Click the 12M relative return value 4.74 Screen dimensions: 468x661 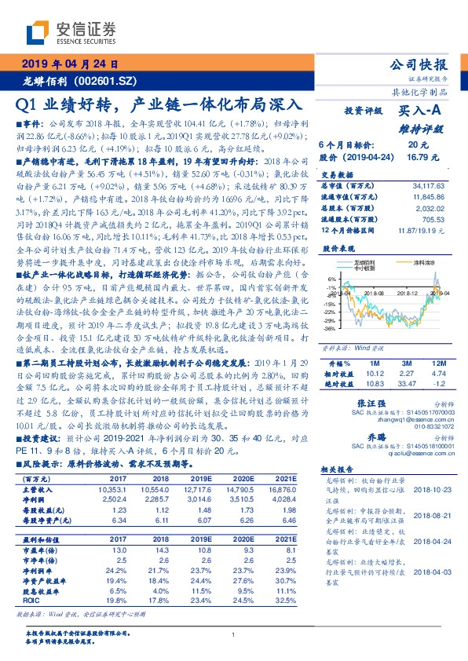[439, 374]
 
